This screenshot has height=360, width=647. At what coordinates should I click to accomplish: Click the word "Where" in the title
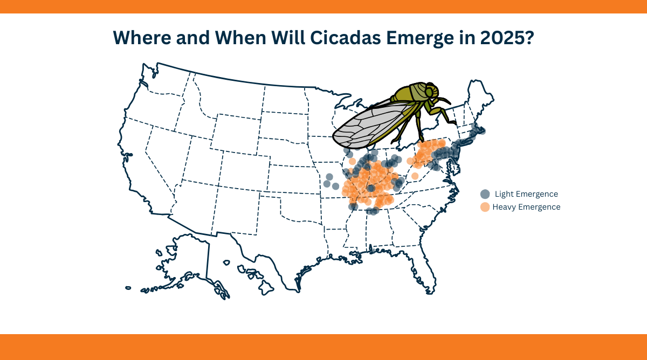tap(142, 38)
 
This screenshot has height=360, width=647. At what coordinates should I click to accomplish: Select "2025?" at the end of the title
tap(507, 38)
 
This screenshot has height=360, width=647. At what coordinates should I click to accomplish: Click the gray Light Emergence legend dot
tap(485, 194)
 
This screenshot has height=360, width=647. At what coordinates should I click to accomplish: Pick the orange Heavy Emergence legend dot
tap(485, 207)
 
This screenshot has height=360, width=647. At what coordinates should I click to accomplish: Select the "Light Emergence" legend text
tap(526, 194)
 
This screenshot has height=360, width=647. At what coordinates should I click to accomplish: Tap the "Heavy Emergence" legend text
tap(526, 207)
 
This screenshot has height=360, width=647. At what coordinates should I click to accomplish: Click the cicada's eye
tap(429, 92)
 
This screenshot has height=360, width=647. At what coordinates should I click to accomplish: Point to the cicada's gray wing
tap(373, 124)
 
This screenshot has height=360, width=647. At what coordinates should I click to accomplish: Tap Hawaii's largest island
tap(266, 287)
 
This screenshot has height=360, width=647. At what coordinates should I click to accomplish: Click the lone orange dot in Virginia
tap(415, 176)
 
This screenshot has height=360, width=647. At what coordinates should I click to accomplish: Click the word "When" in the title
tap(240, 38)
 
